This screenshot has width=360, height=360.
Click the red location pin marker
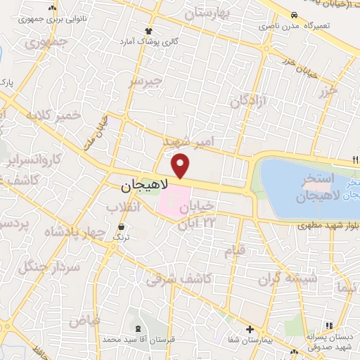click(181, 165)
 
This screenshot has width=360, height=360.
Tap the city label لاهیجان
click(145, 186)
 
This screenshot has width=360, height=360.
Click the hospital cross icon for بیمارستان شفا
click(249, 329)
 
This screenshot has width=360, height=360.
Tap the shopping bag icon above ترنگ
click(123, 226)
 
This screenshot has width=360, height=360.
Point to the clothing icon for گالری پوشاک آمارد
click(148, 31)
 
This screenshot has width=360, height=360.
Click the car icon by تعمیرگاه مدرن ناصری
click(293, 15)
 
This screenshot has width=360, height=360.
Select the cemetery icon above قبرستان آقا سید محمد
click(138, 328)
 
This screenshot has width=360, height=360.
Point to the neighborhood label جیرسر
click(146, 82)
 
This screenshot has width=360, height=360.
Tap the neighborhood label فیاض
click(84, 321)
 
